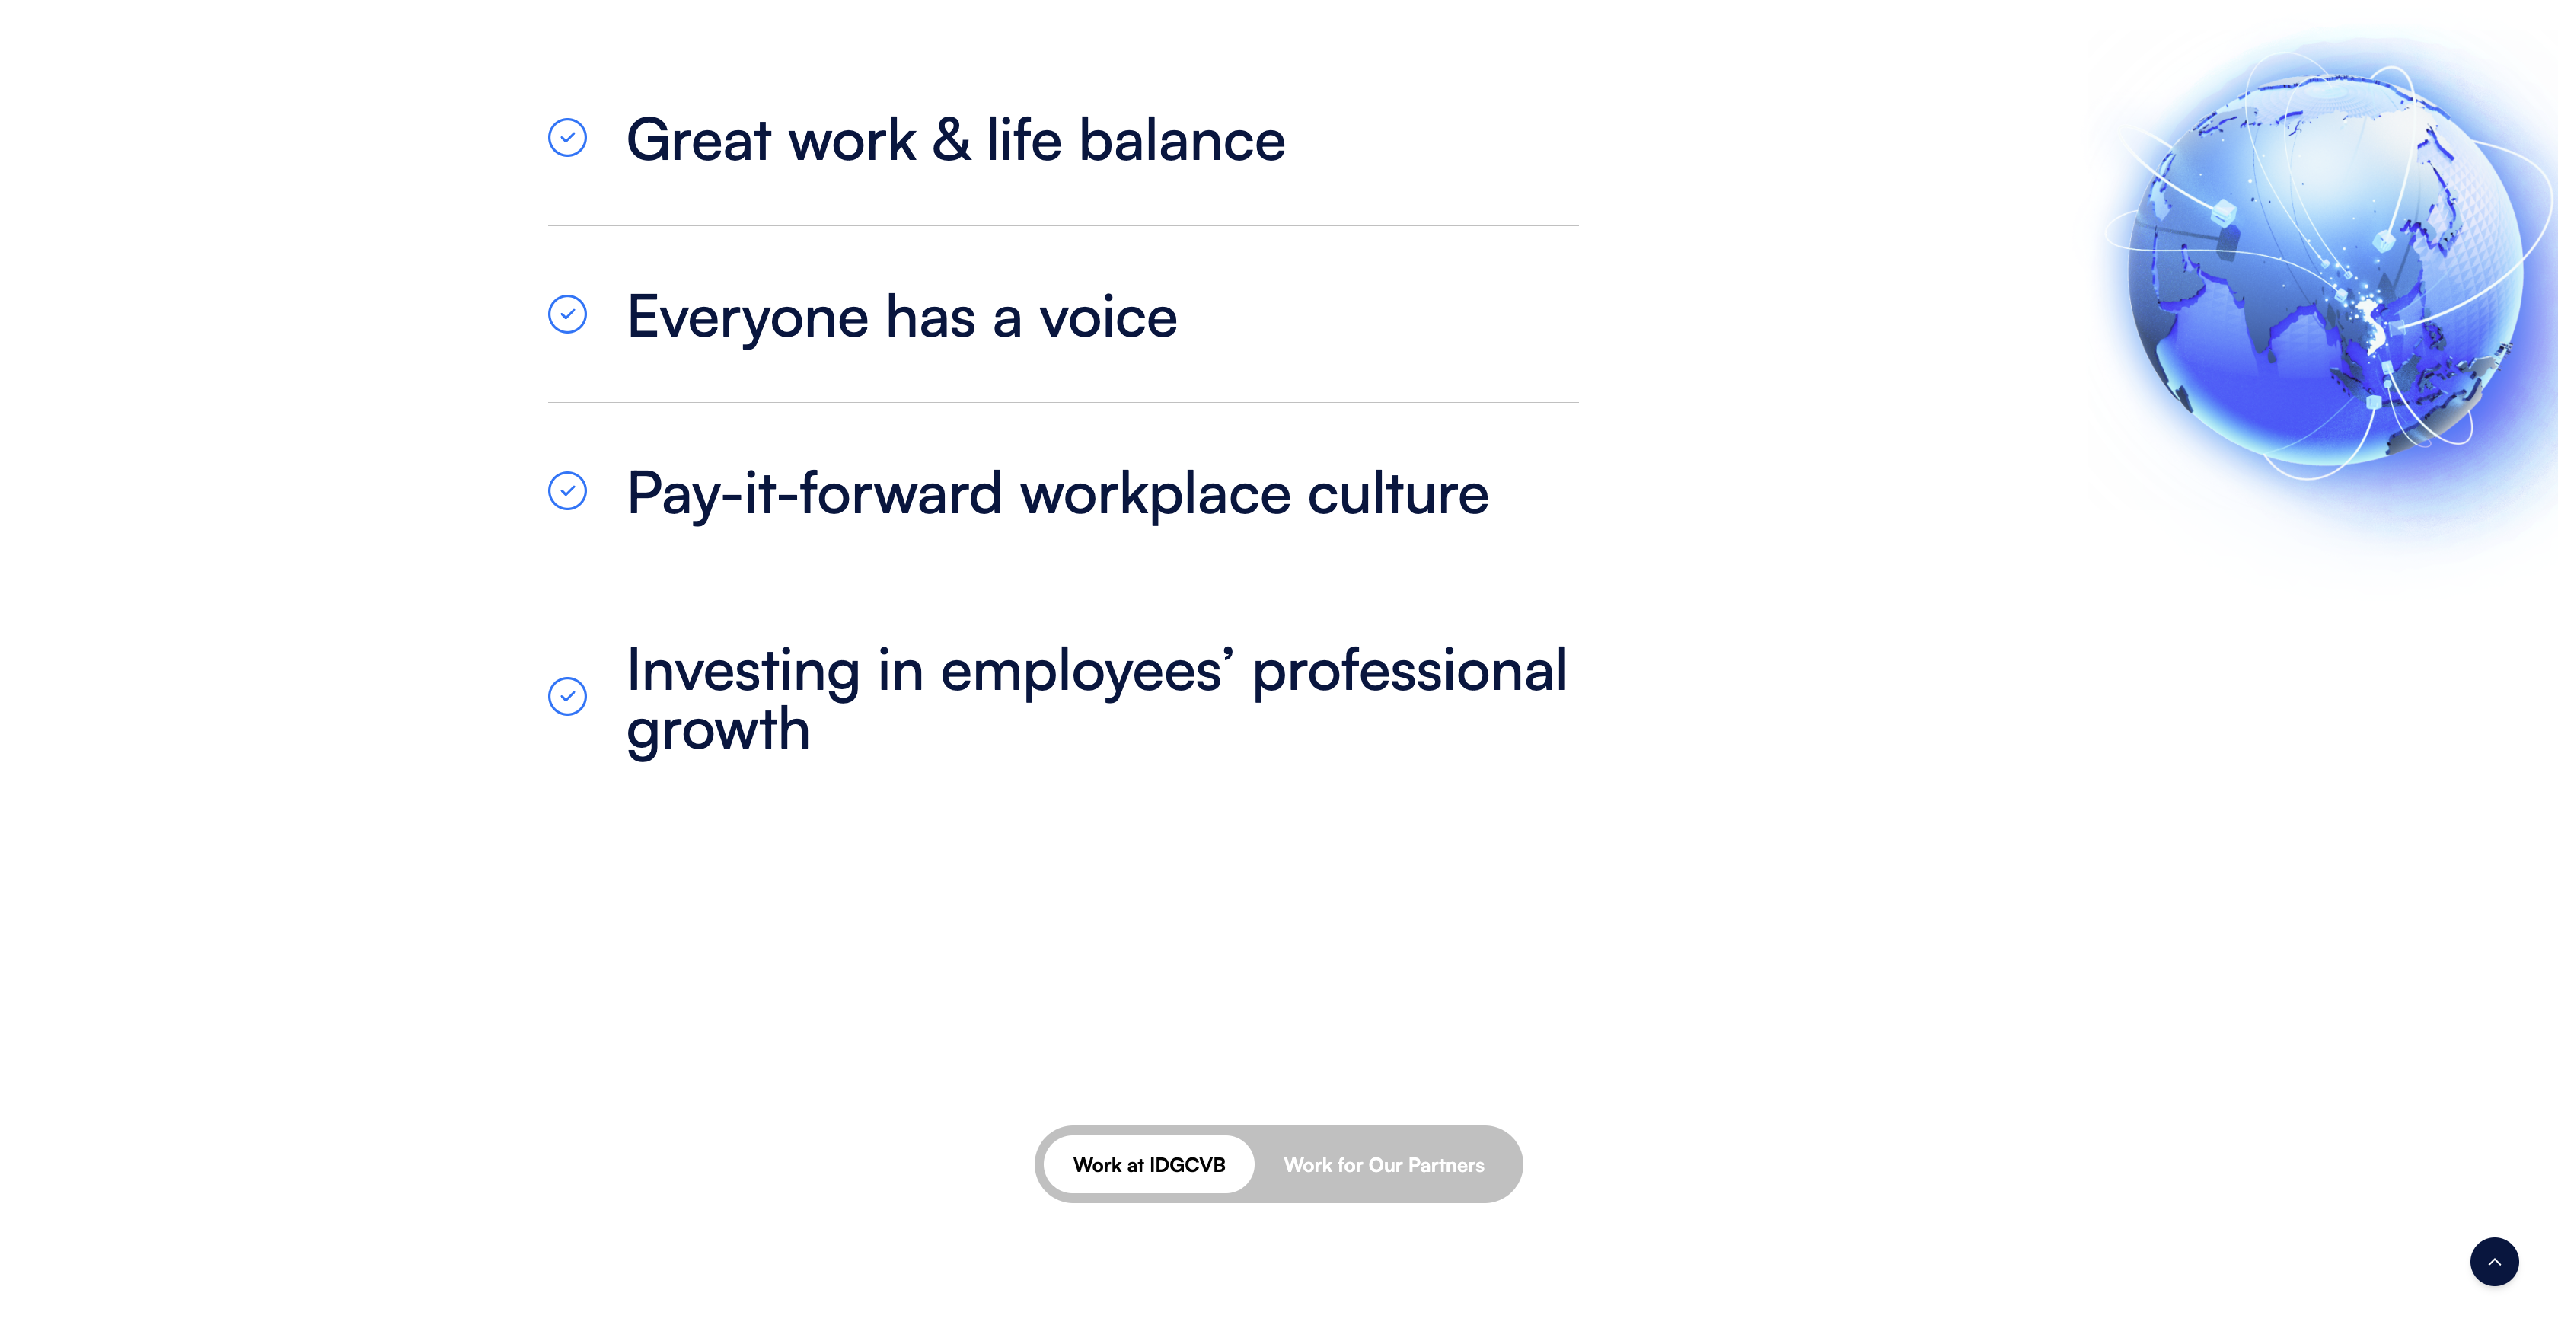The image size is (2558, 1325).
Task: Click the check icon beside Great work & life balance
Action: point(567,138)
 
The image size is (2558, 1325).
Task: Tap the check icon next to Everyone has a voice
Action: point(567,314)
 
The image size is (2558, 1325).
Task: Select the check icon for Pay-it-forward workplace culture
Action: point(567,490)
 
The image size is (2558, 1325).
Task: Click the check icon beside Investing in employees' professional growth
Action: point(567,696)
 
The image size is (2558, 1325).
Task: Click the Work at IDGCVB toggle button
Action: point(1149,1164)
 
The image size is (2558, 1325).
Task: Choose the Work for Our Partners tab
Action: point(1383,1164)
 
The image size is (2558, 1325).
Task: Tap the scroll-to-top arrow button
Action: point(2493,1262)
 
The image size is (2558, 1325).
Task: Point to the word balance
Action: point(1182,139)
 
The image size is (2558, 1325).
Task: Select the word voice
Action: point(1108,318)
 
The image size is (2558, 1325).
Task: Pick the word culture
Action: point(1399,493)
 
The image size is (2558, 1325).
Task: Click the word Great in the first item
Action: point(699,139)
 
